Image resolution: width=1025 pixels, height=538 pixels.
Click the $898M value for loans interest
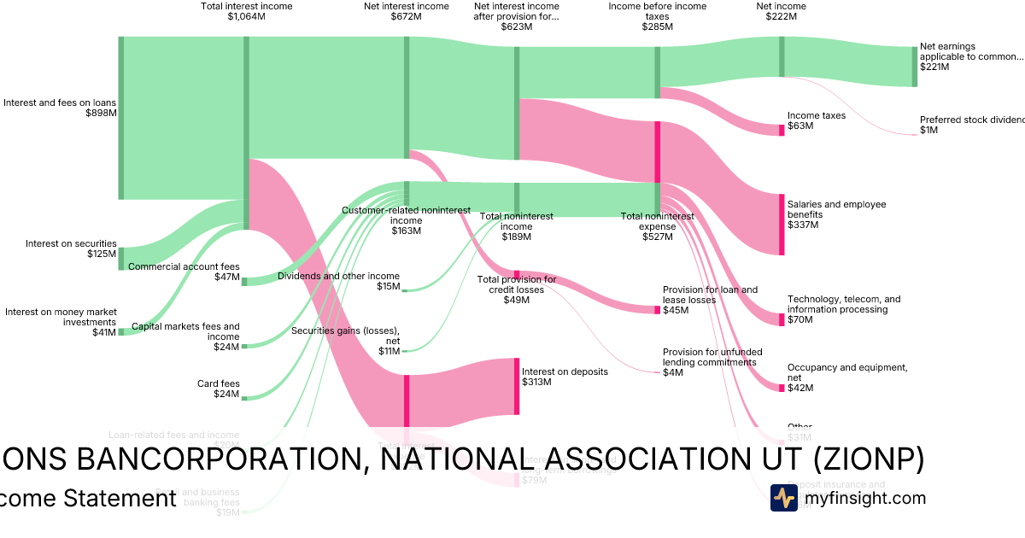tap(101, 113)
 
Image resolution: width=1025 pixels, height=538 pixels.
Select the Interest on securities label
tap(71, 243)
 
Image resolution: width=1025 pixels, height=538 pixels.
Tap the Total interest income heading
tap(246, 6)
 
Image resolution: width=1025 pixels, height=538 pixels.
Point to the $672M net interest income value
tap(406, 16)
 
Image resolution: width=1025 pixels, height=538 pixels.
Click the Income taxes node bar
tap(781, 130)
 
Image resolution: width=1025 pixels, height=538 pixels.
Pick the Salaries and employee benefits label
tap(836, 209)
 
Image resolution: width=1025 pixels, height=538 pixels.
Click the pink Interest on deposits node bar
tap(516, 387)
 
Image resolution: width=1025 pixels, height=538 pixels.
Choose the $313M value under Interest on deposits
tap(536, 382)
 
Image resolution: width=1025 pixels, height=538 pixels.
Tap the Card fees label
tap(219, 383)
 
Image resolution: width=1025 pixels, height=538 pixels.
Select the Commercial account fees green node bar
tap(244, 281)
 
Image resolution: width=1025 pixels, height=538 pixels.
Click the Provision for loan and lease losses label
tap(710, 295)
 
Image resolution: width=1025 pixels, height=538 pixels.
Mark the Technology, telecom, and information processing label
tap(843, 304)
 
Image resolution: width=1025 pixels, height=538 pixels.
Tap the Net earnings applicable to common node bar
tap(914, 67)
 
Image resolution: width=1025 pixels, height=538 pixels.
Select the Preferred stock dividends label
tap(971, 120)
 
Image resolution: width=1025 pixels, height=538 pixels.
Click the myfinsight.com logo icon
tap(783, 498)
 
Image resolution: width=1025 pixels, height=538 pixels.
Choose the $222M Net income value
tap(781, 16)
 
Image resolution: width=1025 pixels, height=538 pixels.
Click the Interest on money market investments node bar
tap(120, 331)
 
